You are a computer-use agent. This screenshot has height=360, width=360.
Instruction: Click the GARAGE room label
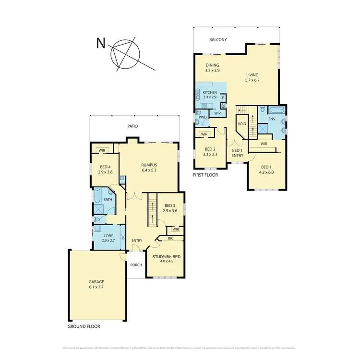point(96,282)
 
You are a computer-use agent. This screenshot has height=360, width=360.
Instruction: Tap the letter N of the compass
point(101,44)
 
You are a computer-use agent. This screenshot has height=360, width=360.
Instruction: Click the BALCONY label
point(218,40)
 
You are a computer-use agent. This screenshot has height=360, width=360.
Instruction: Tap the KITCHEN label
point(210,92)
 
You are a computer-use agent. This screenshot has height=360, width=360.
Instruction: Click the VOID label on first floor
point(241,124)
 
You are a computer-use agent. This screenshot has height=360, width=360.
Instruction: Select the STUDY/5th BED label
point(166,257)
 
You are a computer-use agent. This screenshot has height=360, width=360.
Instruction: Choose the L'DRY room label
point(108,236)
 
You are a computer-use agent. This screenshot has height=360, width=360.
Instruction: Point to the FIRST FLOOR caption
point(205,175)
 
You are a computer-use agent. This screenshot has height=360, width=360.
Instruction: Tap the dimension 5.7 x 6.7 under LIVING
point(252,80)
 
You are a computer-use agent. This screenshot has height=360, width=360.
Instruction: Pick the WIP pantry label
point(217,113)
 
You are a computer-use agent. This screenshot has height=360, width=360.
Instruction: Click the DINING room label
point(213,65)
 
